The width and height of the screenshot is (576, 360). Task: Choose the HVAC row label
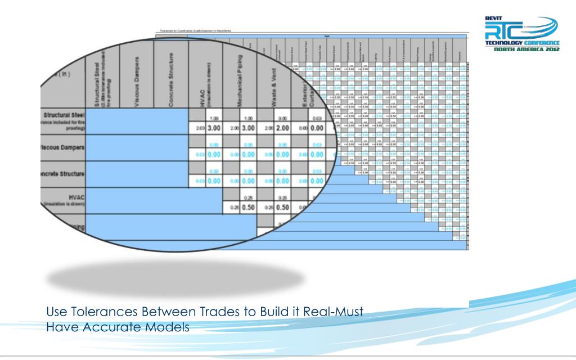pyautogui.click(x=68, y=198)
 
